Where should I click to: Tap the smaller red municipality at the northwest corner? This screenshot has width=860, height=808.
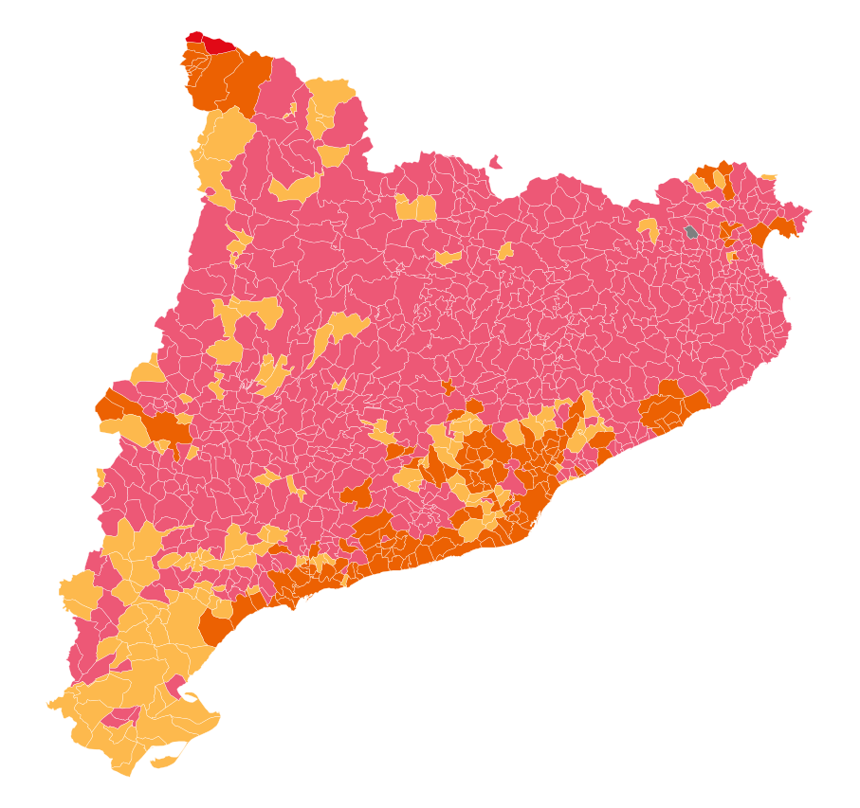(x=192, y=38)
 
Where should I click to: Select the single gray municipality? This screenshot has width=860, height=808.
(x=691, y=231)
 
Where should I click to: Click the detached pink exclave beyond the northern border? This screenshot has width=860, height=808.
(x=495, y=163)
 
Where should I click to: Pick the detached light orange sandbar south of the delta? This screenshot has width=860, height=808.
(x=164, y=761)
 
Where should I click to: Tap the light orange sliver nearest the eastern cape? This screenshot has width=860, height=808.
(x=768, y=176)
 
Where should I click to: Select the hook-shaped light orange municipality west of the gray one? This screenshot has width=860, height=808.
(x=649, y=227)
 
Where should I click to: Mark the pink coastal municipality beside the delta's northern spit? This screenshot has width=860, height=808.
(x=175, y=685)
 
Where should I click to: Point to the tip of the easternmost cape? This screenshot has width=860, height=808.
(x=811, y=210)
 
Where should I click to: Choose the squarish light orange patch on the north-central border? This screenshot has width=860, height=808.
(x=416, y=206)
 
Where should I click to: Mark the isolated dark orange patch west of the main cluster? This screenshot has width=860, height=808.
(x=358, y=493)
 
